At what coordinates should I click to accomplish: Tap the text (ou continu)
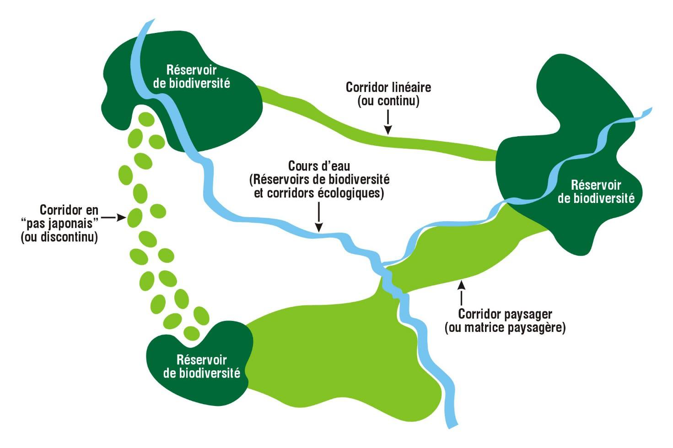[x=388, y=101]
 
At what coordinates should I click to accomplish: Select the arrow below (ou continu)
[x=388, y=123]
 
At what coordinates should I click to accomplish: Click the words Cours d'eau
[x=319, y=165]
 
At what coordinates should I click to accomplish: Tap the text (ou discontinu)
[x=59, y=238]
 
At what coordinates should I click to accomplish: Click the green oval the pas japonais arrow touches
[x=135, y=218]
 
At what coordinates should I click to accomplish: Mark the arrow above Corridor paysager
[x=461, y=293]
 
